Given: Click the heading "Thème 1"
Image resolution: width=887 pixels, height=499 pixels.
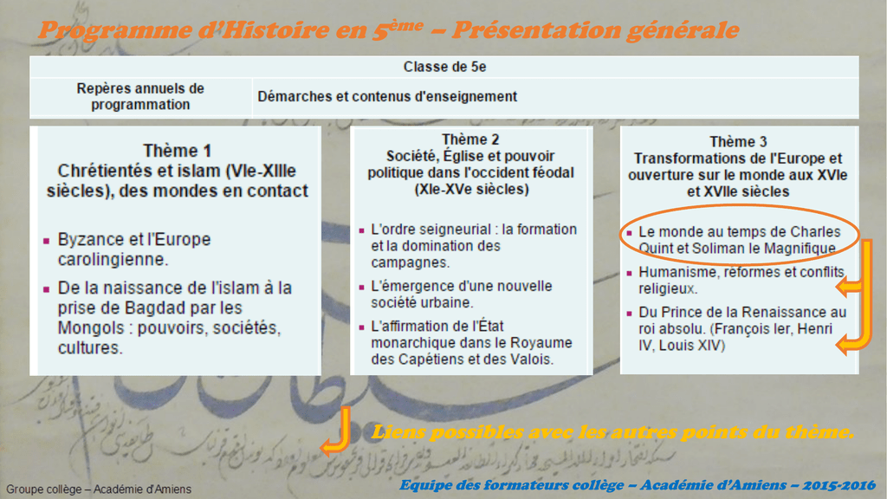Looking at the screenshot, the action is click(177, 151).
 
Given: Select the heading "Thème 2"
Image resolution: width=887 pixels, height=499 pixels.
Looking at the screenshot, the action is click(470, 139).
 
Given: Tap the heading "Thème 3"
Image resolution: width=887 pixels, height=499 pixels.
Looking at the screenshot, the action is click(738, 141).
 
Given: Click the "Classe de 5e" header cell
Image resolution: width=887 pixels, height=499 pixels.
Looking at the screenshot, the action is click(444, 67).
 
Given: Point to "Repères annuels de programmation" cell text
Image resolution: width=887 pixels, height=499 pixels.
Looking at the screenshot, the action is click(140, 96).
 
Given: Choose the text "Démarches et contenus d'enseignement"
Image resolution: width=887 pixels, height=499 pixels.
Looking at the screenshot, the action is click(387, 96).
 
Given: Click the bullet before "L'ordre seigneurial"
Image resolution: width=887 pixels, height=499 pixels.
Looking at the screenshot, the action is click(361, 230).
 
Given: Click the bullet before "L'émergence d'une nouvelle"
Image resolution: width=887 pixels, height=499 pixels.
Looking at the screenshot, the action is click(361, 287).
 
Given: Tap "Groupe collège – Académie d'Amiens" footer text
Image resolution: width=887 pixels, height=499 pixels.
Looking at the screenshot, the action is click(99, 489).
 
